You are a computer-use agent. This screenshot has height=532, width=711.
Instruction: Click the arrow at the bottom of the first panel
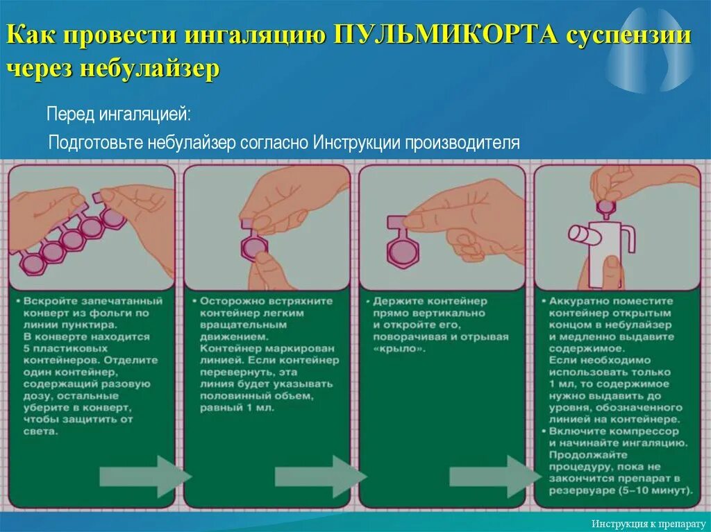pos(143,476)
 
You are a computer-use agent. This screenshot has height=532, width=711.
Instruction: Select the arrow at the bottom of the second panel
pos(318,476)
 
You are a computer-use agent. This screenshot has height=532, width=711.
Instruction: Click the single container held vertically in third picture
pos(401,251)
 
